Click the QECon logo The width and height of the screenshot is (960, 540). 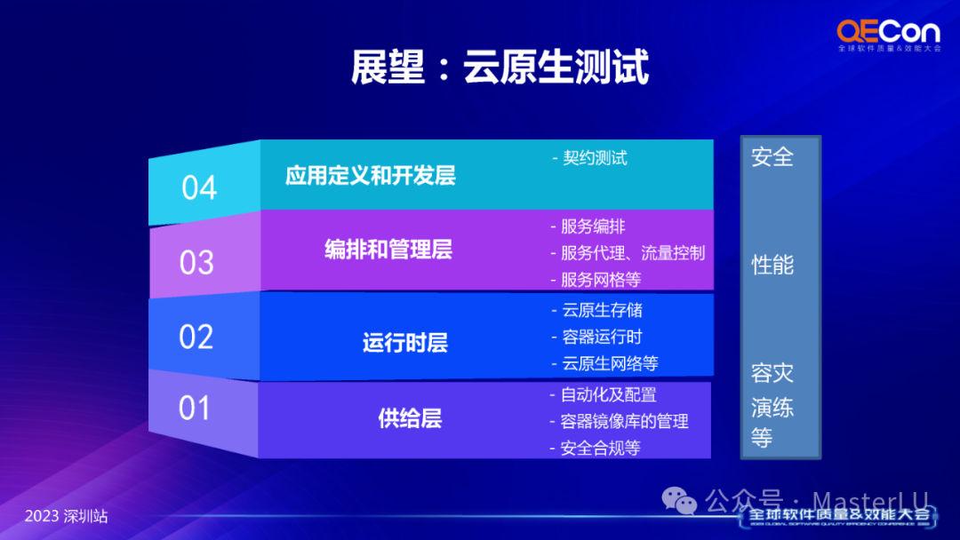pyautogui.click(x=889, y=36)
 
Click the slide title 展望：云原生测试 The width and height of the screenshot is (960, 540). pyautogui.click(x=500, y=67)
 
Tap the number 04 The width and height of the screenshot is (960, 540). pyautogui.click(x=199, y=187)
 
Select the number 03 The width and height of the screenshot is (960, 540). pyautogui.click(x=196, y=263)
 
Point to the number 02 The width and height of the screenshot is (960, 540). pyautogui.click(x=196, y=337)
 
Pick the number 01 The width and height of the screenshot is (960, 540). pyautogui.click(x=195, y=408)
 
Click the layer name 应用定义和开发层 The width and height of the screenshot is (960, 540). pyautogui.click(x=371, y=176)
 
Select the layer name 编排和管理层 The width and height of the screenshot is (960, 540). pyautogui.click(x=388, y=250)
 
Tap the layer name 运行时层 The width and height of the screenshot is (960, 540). pyautogui.click(x=404, y=343)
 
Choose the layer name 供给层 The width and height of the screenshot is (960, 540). pyautogui.click(x=410, y=419)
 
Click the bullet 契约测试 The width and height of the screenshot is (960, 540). pyautogui.click(x=595, y=158)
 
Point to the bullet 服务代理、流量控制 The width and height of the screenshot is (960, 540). pyautogui.click(x=633, y=253)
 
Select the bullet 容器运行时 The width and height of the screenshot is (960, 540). pyautogui.click(x=602, y=337)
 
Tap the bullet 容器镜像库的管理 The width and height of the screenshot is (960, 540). pyautogui.click(x=625, y=421)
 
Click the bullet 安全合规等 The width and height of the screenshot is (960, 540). pyautogui.click(x=601, y=449)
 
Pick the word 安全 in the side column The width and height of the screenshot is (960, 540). pyautogui.click(x=772, y=157)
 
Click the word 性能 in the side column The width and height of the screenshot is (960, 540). pyautogui.click(x=772, y=266)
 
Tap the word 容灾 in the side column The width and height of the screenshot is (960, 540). pyautogui.click(x=772, y=372)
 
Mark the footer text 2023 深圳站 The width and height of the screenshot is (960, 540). pyautogui.click(x=66, y=516)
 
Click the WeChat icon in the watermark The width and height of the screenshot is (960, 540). pyautogui.click(x=679, y=501)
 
